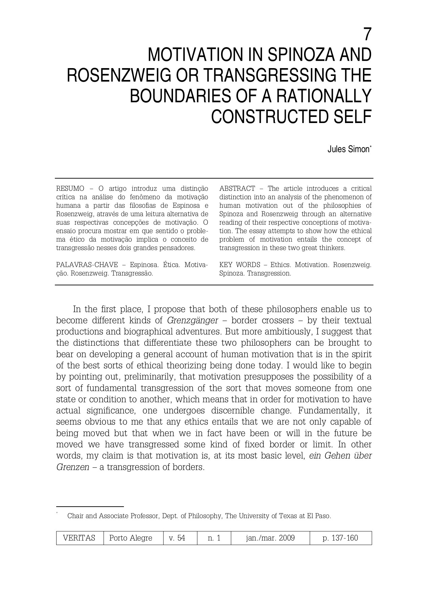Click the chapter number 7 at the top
[x=367, y=35]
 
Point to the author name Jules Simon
[x=348, y=149]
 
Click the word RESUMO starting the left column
[x=70, y=189]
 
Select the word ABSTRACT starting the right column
[x=237, y=189]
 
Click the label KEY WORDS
[x=240, y=265]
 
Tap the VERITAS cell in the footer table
[x=80, y=538]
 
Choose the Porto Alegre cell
[x=131, y=538]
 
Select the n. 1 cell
[x=214, y=538]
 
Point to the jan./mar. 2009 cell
[x=270, y=538]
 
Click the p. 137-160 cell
[x=340, y=538]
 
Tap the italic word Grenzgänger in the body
[x=193, y=321]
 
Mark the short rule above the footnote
[x=90, y=506]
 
